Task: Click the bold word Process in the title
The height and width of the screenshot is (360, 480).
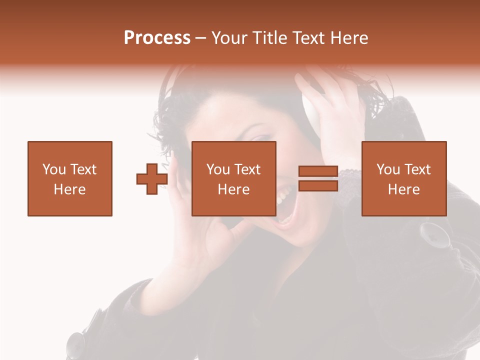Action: coord(157,38)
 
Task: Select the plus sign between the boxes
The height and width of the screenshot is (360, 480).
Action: coord(152,178)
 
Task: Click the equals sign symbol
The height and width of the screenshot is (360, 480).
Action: coord(318,178)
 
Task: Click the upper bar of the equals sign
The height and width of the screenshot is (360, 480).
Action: coord(318,171)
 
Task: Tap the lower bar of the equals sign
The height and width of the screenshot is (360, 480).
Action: coord(318,186)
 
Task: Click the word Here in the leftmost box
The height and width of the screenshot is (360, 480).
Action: coord(69,189)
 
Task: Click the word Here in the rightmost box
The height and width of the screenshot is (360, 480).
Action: coord(403,189)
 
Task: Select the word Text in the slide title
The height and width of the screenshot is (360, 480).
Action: coord(307,38)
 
